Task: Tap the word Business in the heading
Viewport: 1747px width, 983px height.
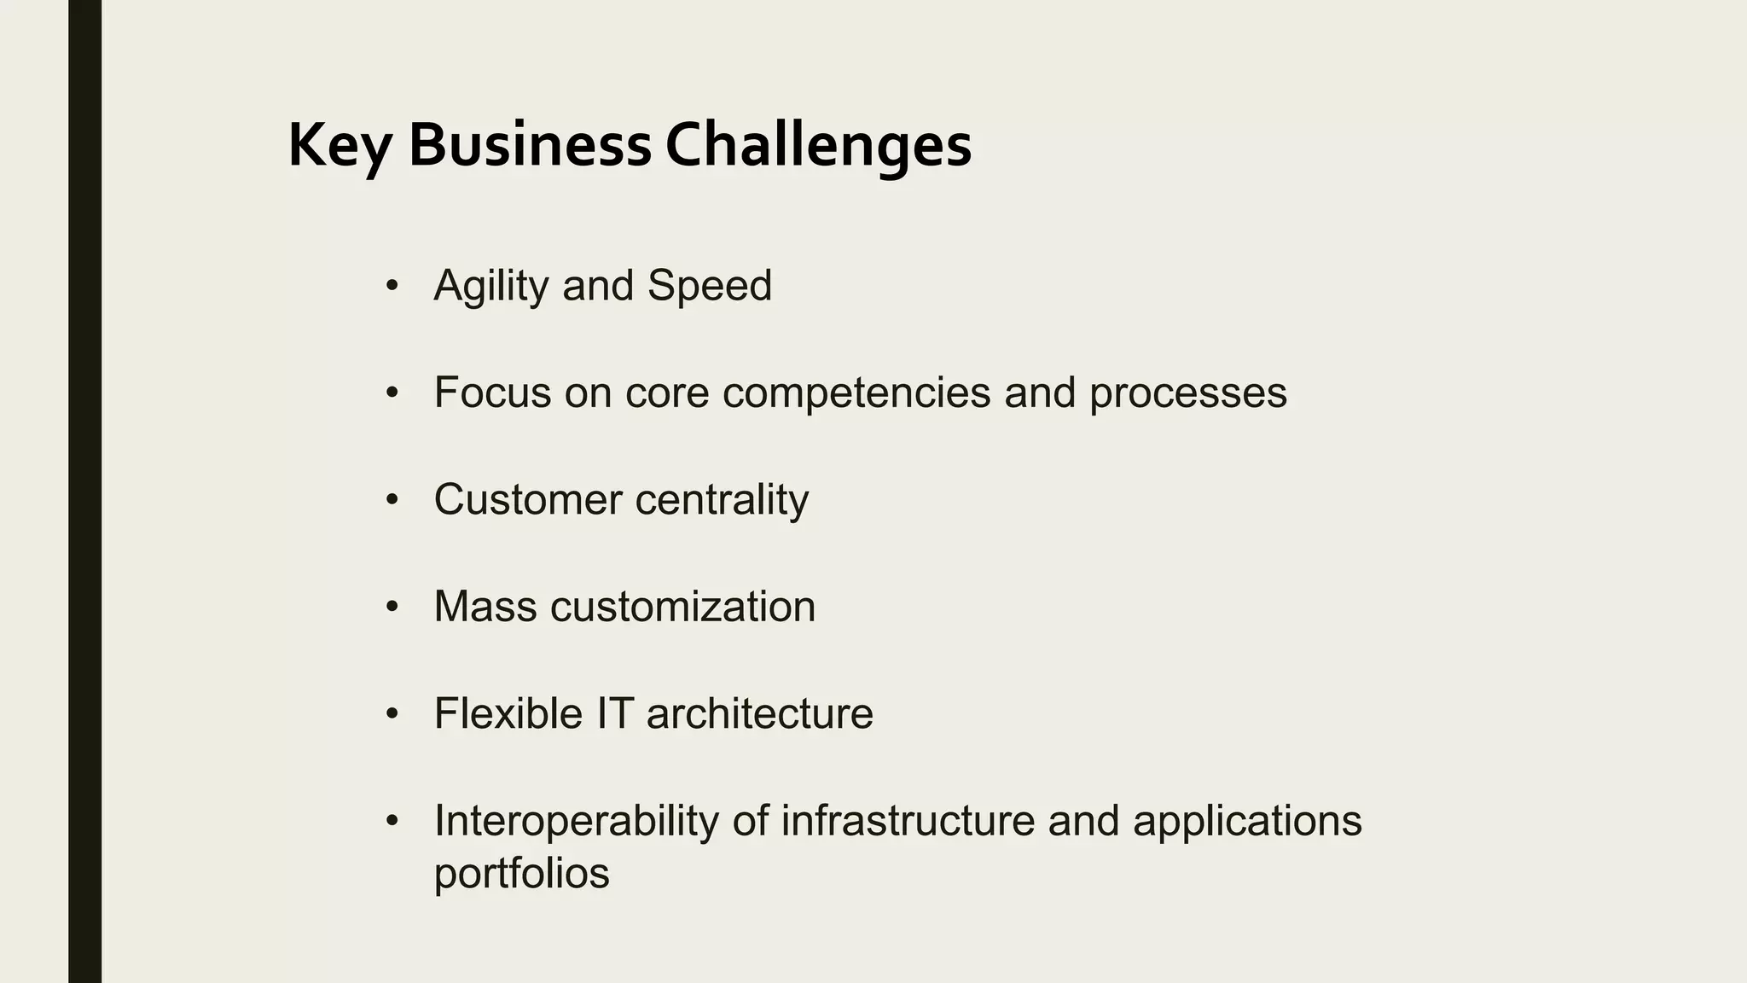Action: tap(530, 145)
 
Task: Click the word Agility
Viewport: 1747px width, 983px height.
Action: tap(490, 287)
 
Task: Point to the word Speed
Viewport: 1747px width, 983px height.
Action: tap(709, 285)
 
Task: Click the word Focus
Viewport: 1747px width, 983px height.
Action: tap(492, 393)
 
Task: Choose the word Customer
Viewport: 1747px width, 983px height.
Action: tap(527, 499)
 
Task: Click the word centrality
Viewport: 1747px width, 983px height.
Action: tap(722, 501)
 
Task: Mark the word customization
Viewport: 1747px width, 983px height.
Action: tap(682, 607)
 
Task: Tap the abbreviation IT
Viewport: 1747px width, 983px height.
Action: tap(614, 713)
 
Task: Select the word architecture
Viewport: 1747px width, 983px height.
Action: tap(759, 713)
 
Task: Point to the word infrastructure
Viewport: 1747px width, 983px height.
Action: tap(908, 820)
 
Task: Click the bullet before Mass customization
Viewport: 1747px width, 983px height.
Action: tap(392, 607)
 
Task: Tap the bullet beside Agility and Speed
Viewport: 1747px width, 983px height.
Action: tap(392, 285)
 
